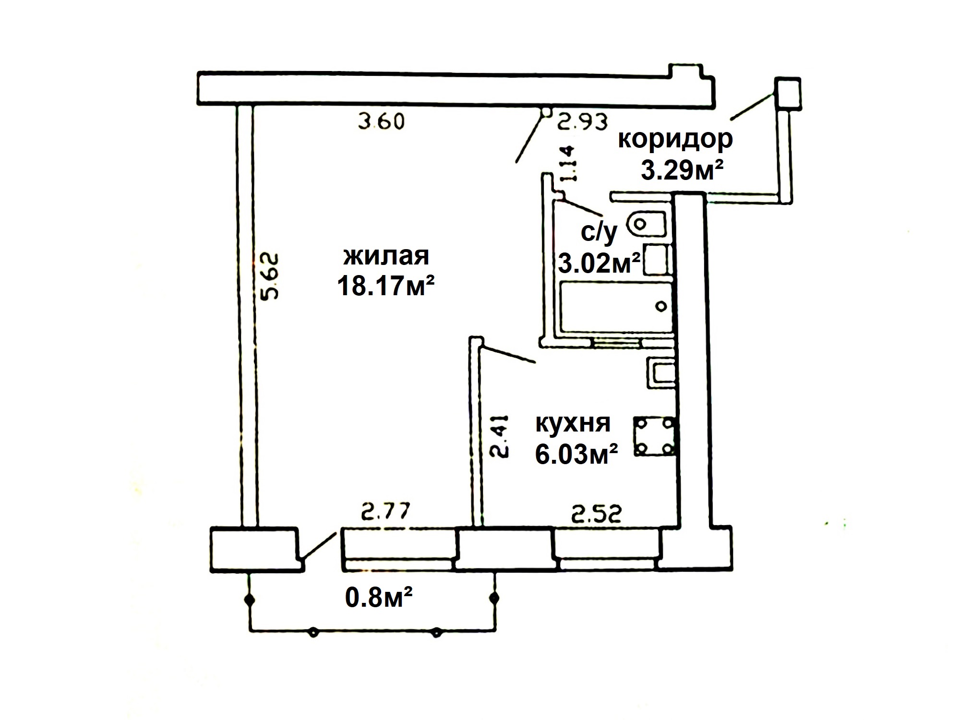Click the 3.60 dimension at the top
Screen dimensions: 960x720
(x=382, y=121)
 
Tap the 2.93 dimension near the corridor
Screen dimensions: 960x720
(x=582, y=121)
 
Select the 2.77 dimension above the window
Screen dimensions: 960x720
(x=386, y=512)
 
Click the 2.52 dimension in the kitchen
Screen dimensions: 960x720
(x=597, y=514)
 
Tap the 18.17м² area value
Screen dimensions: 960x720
(x=386, y=286)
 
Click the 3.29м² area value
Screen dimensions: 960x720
(x=682, y=170)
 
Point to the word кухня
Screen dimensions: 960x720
(x=573, y=423)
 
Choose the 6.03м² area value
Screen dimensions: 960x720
(x=576, y=454)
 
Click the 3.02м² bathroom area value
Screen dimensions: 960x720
(x=599, y=263)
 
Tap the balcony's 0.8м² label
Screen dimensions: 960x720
(x=379, y=598)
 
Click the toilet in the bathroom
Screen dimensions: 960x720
(x=648, y=224)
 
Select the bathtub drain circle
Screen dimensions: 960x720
(x=662, y=306)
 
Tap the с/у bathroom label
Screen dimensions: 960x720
(x=599, y=232)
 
